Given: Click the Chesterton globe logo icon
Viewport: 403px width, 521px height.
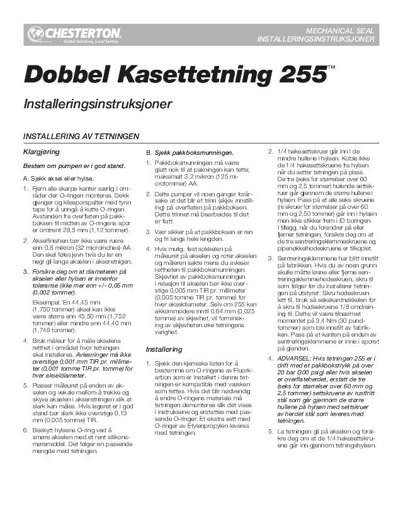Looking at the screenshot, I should (x=35, y=34).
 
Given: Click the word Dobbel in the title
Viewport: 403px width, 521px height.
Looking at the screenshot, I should (x=59, y=75).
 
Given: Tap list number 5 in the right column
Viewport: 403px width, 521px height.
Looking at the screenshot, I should (x=271, y=432).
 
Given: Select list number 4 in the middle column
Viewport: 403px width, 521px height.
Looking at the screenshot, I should (x=149, y=267).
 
